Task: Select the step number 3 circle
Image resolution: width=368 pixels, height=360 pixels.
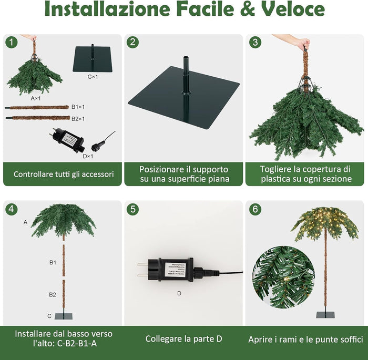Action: coord(255,42)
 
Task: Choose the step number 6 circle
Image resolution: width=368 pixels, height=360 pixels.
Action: coord(255,209)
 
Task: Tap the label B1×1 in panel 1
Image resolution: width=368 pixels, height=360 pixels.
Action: coord(78,107)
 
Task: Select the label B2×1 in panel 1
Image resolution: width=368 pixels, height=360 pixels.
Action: coord(78,119)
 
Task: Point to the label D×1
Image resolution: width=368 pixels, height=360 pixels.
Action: coord(87,156)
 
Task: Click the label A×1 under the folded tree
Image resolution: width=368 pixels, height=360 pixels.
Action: coord(36,98)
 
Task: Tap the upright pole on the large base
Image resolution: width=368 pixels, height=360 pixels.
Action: coord(185,76)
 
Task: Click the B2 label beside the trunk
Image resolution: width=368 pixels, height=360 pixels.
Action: coord(53,295)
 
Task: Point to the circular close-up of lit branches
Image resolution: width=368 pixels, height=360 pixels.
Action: coord(284,277)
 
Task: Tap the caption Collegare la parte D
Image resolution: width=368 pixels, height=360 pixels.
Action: coord(183,339)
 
